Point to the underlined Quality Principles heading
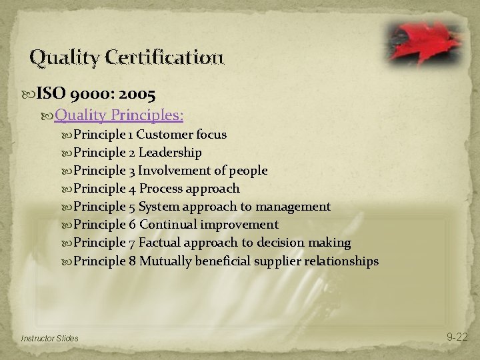[119, 115]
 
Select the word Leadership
[170, 153]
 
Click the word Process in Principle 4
[160, 189]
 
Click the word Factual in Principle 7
[159, 243]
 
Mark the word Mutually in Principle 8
[165, 261]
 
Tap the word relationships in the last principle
[341, 261]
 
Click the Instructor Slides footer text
[49, 338]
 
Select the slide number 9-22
[457, 337]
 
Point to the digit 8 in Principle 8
[133, 261]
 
